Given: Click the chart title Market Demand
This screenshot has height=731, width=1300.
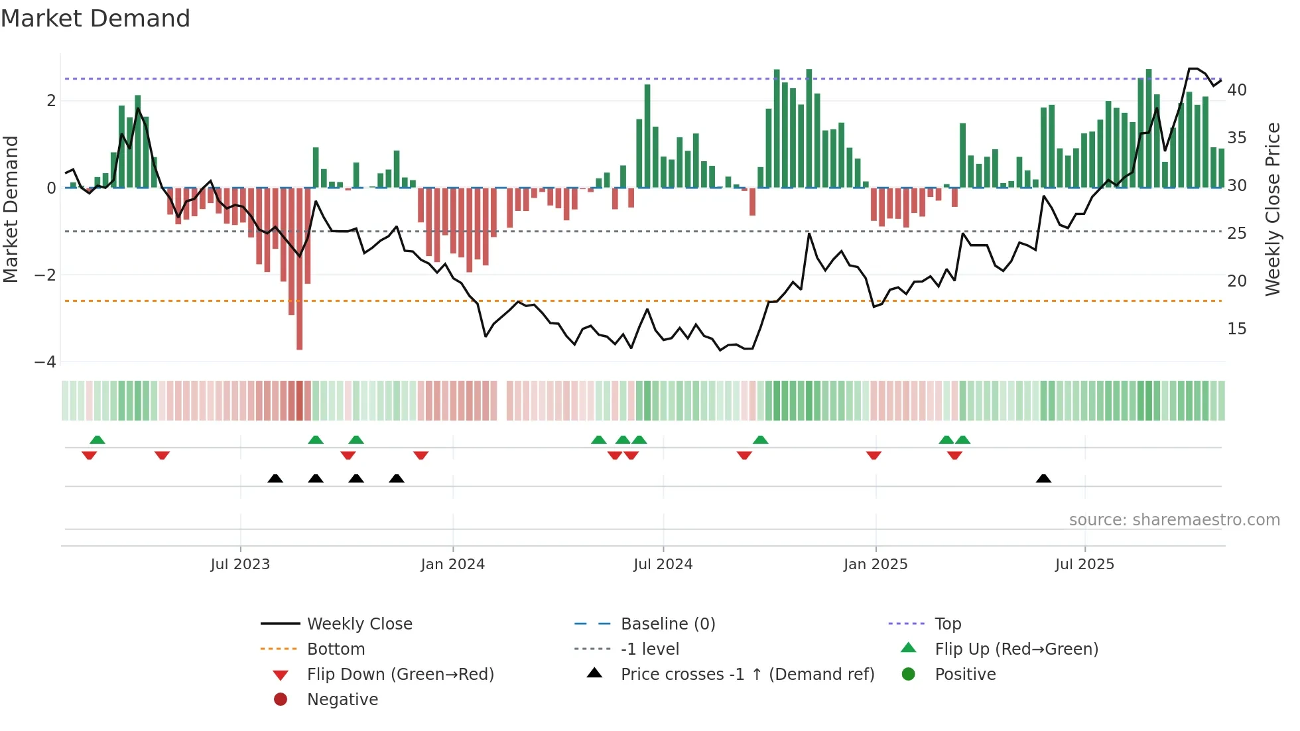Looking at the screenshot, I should pyautogui.click(x=96, y=19).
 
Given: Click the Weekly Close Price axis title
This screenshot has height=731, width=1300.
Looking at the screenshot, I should pyautogui.click(x=1272, y=209).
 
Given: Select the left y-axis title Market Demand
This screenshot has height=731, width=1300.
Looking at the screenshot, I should pyautogui.click(x=11, y=209).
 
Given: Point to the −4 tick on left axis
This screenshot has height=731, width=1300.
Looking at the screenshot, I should pyautogui.click(x=45, y=362).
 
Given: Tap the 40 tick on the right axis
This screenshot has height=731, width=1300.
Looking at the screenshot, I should pyautogui.click(x=1236, y=90).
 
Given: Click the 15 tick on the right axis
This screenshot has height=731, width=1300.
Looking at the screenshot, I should pyautogui.click(x=1236, y=329).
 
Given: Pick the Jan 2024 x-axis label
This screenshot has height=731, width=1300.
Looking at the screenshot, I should pyautogui.click(x=452, y=565).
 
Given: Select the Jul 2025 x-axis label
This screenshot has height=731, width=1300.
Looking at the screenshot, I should pyautogui.click(x=1084, y=565).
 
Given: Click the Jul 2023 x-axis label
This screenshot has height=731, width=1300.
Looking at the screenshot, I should pyautogui.click(x=240, y=565).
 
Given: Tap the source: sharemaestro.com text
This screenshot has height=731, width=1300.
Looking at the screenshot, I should pyautogui.click(x=1174, y=520).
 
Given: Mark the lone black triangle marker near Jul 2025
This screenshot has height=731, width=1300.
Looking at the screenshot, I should pyautogui.click(x=1043, y=478).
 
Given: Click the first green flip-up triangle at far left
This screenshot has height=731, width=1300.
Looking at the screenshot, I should pyautogui.click(x=97, y=440).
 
